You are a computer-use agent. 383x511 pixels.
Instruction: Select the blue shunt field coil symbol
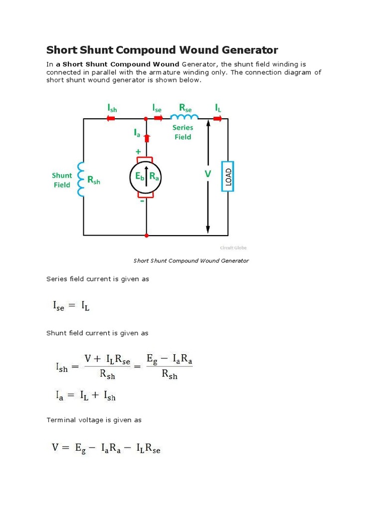pos(79,179)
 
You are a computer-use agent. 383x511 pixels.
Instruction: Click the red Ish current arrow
pos(111,119)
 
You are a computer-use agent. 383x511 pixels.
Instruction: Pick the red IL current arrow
pos(218,119)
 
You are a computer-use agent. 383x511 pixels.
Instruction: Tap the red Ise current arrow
pos(158,119)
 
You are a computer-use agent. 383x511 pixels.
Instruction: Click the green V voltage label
pos(208,174)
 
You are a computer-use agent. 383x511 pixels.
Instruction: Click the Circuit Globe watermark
pos(233,248)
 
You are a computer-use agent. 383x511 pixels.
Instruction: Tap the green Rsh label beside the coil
pos(94,181)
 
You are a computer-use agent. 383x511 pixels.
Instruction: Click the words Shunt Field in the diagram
pos(62,180)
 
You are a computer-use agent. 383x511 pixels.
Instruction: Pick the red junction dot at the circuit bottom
pos(147,235)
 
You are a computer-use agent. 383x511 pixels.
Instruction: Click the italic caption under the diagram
pos(191,260)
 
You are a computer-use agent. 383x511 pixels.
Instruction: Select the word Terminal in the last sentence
pos(60,420)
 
